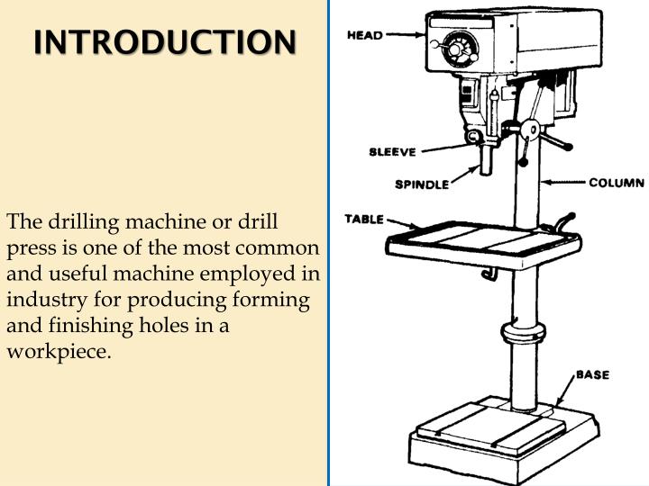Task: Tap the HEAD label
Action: [365, 35]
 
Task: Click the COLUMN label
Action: [617, 183]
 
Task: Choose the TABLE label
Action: [364, 219]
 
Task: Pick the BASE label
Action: [593, 373]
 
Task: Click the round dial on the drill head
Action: [460, 44]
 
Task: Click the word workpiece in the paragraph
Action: [58, 351]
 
